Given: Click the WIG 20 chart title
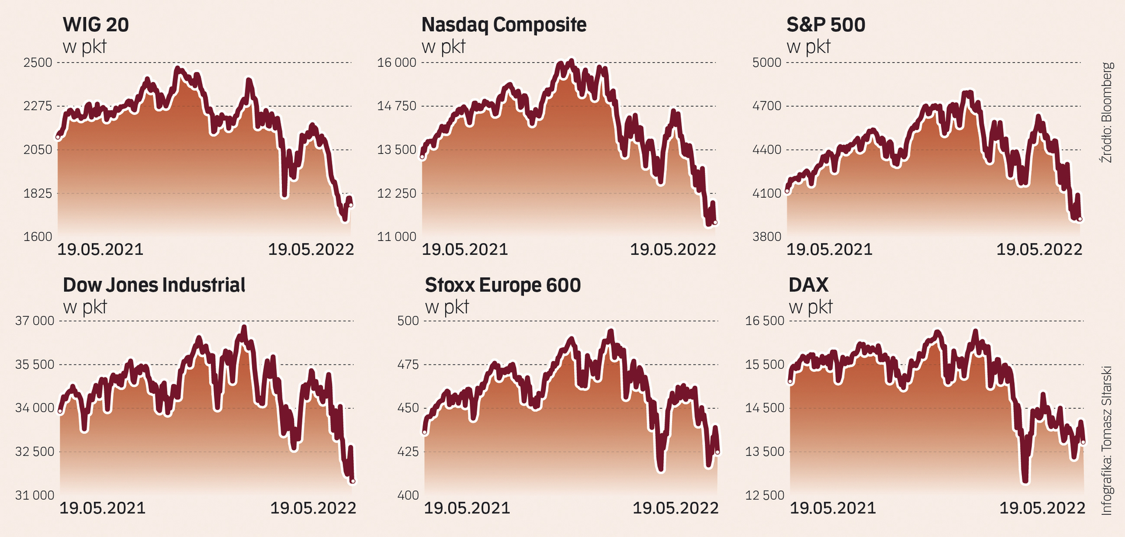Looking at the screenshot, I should (x=96, y=25).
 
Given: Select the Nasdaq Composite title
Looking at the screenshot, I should (x=504, y=25).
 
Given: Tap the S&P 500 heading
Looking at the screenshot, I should (x=826, y=25).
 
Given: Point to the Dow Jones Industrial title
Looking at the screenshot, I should (x=154, y=285).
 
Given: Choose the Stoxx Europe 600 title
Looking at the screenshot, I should (x=503, y=285).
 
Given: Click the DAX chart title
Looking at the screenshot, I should (x=809, y=285).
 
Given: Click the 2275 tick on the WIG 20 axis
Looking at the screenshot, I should (x=38, y=106).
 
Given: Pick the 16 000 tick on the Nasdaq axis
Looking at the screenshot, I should (x=397, y=63).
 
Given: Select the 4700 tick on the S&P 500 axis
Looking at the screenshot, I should (x=767, y=106).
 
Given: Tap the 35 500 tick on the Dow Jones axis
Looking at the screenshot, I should (x=35, y=365).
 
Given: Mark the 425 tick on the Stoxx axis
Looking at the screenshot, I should (x=408, y=451).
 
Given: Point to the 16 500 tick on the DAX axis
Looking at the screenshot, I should (x=765, y=321).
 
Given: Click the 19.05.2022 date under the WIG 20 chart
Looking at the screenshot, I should (x=311, y=250).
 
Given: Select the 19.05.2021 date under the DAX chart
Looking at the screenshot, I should (x=833, y=508).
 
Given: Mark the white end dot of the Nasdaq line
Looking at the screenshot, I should (x=715, y=222).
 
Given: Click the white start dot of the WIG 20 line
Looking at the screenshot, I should (x=58, y=137).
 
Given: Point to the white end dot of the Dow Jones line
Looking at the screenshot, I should (x=353, y=481).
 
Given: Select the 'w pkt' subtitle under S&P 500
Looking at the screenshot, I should (x=808, y=47).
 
